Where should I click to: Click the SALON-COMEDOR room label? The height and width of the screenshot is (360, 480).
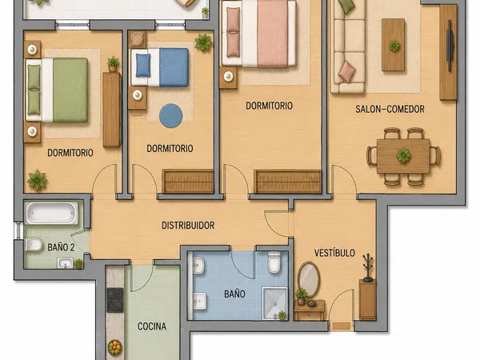pyautogui.click(x=390, y=109)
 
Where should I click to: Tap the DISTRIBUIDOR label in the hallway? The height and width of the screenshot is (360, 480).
pyautogui.click(x=188, y=226)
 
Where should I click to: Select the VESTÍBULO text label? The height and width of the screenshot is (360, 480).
pyautogui.click(x=334, y=253)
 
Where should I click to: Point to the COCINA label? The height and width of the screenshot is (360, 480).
pyautogui.click(x=152, y=326)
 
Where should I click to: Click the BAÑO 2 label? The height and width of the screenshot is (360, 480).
pyautogui.click(x=61, y=247)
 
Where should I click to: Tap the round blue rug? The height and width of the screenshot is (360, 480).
pyautogui.click(x=171, y=116)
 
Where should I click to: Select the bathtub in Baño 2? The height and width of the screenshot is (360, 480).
pyautogui.click(x=51, y=213)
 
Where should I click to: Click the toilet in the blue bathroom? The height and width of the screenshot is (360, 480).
pyautogui.click(x=274, y=262)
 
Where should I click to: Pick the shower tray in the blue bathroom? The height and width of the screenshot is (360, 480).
pyautogui.click(x=275, y=302)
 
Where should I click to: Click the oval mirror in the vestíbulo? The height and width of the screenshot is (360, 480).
pyautogui.click(x=309, y=279)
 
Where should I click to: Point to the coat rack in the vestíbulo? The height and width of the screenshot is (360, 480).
pyautogui.click(x=368, y=267)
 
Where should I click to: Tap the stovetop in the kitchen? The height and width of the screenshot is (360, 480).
pyautogui.click(x=114, y=300)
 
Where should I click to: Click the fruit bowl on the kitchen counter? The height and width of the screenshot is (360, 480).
pyautogui.click(x=114, y=348)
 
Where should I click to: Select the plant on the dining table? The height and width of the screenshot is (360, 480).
pyautogui.click(x=403, y=155)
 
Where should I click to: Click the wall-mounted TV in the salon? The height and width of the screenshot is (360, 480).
pyautogui.click(x=450, y=46)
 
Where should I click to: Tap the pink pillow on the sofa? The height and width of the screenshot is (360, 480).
pyautogui.click(x=347, y=72)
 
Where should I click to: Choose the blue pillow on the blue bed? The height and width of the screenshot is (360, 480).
pyautogui.click(x=143, y=66)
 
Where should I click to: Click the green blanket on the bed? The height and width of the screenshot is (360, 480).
pyautogui.click(x=70, y=90)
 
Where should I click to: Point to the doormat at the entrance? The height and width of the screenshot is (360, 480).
pyautogui.click(x=342, y=326)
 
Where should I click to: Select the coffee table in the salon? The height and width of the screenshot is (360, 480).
pyautogui.click(x=394, y=45)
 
